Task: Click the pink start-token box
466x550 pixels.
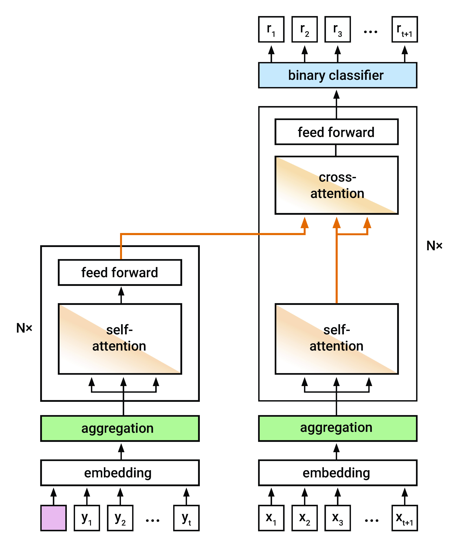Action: (x=53, y=518)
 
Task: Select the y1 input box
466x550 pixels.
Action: (x=87, y=518)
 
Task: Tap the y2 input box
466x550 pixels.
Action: (x=120, y=518)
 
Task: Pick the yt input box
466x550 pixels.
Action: (x=186, y=518)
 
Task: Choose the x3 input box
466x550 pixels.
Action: (x=338, y=518)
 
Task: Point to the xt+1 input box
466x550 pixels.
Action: (x=404, y=518)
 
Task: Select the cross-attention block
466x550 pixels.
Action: (x=337, y=185)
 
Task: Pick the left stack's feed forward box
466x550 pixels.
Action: (x=120, y=272)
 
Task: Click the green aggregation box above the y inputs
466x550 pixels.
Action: (x=120, y=428)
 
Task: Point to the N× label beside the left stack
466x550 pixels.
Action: (x=24, y=328)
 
